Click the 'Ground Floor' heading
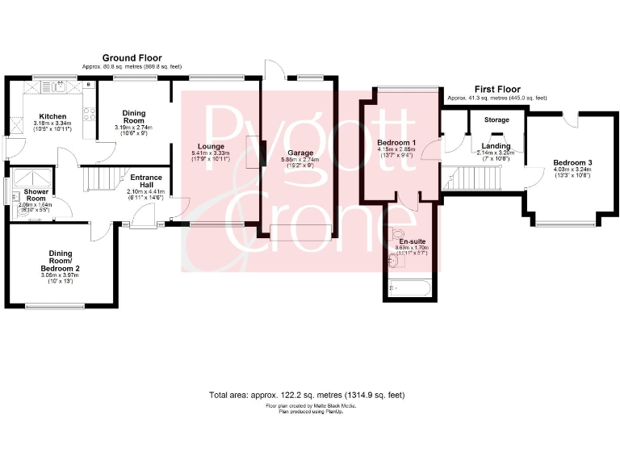tap(132, 58)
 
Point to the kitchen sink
tap(57, 83)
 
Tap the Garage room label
tap(300, 152)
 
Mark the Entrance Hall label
tap(145, 181)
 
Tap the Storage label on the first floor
tap(496, 120)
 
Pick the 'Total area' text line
tap(307, 396)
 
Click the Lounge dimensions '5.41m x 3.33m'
tap(211, 153)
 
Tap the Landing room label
tap(496, 145)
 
